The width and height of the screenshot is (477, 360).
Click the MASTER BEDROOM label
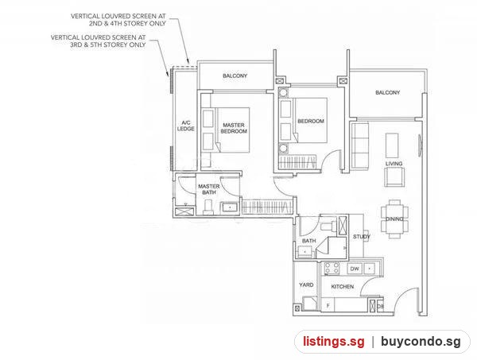click(234, 128)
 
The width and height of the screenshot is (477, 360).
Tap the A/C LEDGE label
click(185, 126)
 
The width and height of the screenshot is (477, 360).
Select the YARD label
click(306, 285)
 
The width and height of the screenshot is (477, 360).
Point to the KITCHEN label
click(342, 286)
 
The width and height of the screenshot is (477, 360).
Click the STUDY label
click(362, 236)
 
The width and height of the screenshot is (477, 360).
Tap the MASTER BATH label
click(208, 189)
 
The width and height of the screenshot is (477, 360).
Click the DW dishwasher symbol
click(355, 269)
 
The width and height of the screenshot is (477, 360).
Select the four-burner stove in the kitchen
click(332, 269)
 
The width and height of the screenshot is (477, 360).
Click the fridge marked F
click(328, 305)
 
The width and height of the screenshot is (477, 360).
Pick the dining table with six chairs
click(394, 219)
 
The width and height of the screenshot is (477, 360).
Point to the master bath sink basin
click(230, 207)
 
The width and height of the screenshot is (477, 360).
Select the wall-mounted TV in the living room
click(420, 145)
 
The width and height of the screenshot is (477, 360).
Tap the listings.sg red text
click(333, 341)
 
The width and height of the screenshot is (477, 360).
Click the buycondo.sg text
click(421, 342)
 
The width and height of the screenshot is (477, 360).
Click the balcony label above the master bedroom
click(235, 75)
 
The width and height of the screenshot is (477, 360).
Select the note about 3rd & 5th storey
click(99, 41)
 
